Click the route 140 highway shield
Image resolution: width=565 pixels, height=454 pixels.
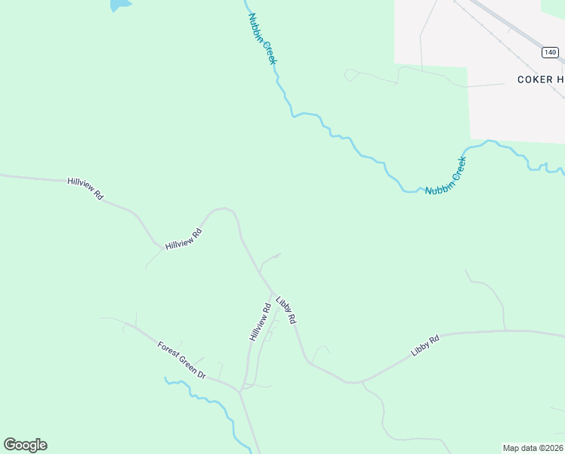549,52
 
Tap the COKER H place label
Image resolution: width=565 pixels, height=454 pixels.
540,79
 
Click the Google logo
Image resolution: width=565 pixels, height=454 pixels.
25,445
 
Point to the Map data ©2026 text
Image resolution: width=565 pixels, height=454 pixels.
533,448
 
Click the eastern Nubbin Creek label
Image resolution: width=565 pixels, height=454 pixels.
446,176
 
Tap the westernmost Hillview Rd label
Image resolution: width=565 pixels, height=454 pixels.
85,188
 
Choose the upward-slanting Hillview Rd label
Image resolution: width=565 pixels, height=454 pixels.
184,239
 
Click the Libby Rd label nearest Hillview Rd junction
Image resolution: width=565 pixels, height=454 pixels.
286,310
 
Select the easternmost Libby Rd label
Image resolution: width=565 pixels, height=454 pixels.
425,347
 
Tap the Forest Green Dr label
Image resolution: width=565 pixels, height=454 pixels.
181,360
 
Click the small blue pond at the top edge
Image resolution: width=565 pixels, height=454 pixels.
119,5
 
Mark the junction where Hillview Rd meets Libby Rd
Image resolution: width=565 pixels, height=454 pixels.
273,291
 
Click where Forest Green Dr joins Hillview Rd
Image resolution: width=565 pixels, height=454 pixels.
240,391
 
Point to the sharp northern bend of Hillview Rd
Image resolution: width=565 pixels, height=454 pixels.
224,210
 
